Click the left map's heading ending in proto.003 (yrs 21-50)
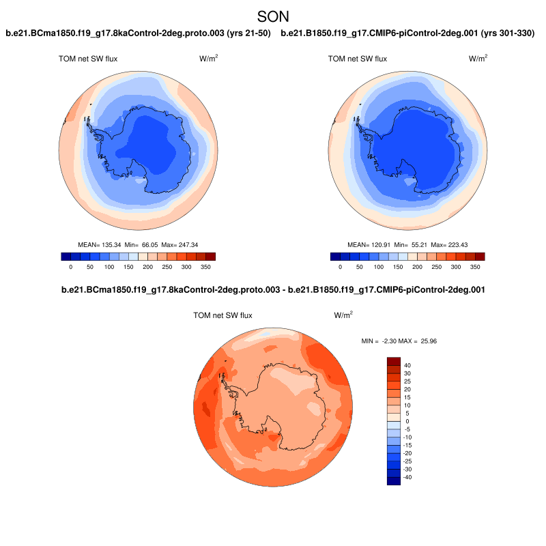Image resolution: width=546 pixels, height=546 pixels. click(139, 33)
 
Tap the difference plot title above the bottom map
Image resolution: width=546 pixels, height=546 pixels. click(273, 290)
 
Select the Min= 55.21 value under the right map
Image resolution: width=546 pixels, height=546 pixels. click(409, 244)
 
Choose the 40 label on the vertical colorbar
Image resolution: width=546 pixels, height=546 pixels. click(407, 365)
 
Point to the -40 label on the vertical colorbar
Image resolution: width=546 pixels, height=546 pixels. click(407, 478)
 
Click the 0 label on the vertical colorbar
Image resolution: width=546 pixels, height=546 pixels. click(407, 422)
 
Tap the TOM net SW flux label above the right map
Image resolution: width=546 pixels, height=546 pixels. click(358, 59)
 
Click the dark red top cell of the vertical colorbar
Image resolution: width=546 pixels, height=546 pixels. click(394, 361)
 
